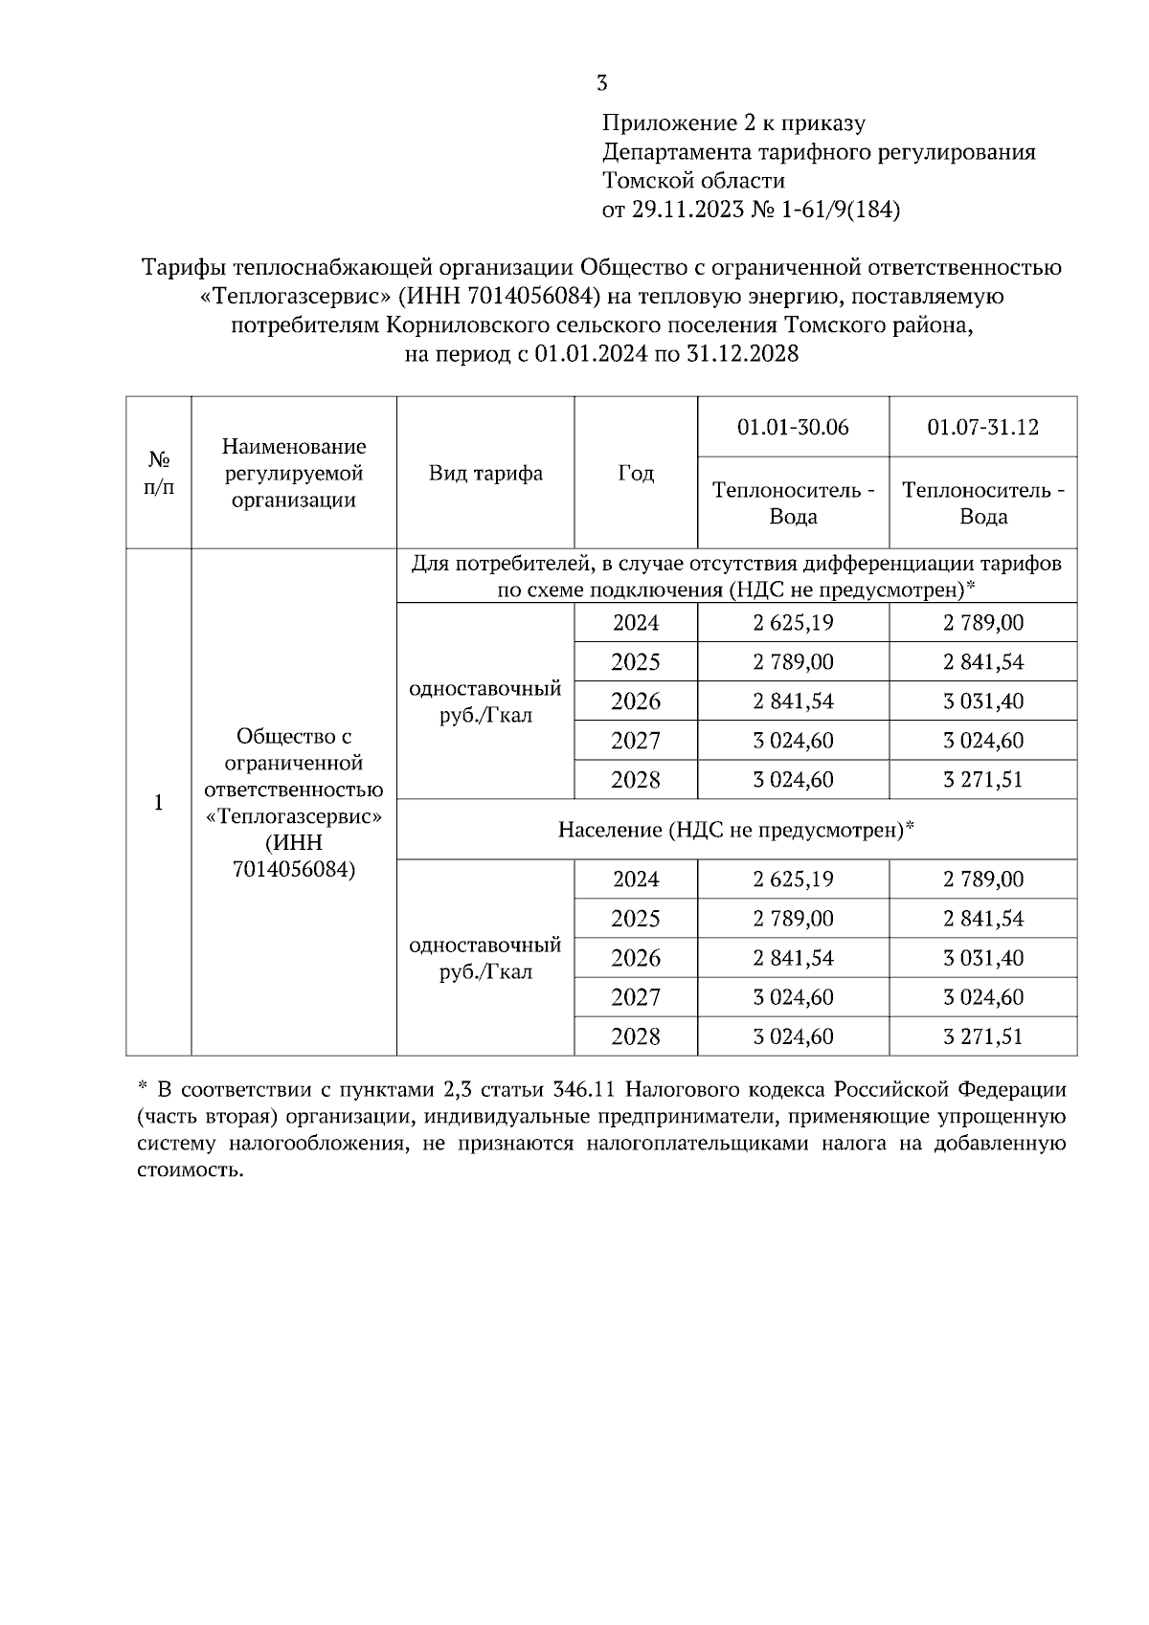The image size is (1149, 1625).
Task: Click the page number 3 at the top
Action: click(x=601, y=83)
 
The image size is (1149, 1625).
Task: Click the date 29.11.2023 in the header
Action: click(x=686, y=210)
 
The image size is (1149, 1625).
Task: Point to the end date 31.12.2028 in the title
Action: click(x=742, y=355)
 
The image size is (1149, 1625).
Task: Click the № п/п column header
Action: click(x=159, y=473)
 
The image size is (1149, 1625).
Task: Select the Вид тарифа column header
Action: click(x=485, y=473)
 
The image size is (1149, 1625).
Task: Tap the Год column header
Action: click(x=636, y=473)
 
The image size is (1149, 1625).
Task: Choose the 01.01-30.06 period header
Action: click(x=793, y=427)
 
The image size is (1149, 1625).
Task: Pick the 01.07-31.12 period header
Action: click(x=982, y=427)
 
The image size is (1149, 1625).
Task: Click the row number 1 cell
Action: click(x=159, y=802)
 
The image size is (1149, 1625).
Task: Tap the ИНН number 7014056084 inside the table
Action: click(x=293, y=869)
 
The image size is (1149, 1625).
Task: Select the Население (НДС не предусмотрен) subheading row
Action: click(x=736, y=830)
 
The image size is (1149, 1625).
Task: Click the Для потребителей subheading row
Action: click(x=736, y=576)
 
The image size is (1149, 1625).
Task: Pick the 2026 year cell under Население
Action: click(x=636, y=958)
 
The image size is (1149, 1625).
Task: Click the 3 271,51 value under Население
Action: click(x=982, y=1036)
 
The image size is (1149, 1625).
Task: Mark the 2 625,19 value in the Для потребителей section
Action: click(x=793, y=623)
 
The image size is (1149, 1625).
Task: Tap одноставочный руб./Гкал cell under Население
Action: click(x=485, y=958)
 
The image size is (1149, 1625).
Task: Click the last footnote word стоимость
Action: click(x=185, y=1170)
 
